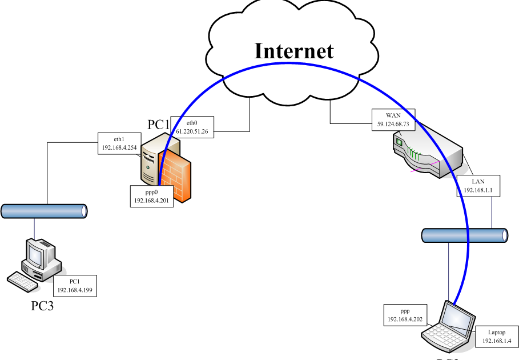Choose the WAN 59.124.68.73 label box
[x=393, y=120]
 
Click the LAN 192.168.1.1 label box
[x=478, y=186]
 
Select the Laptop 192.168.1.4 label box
[x=496, y=337]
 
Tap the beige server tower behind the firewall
[x=151, y=157]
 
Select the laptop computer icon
[x=451, y=329]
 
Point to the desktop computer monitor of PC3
[x=37, y=253]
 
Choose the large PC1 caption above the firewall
[x=159, y=124]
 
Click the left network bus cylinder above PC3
[x=45, y=211]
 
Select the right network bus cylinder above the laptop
[x=464, y=235]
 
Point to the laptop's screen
[x=461, y=318]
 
